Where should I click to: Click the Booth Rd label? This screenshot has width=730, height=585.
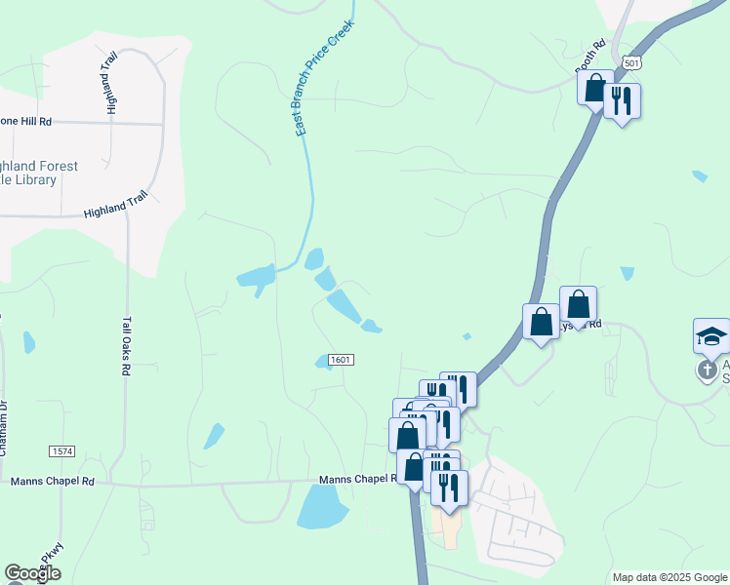(x=589, y=57)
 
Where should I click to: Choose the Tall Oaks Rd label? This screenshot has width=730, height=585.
(x=126, y=346)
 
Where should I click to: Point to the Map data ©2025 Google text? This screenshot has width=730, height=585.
(x=669, y=577)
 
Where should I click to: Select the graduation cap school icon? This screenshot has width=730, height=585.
(x=711, y=335)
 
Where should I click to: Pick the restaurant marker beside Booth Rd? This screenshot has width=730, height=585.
(x=622, y=99)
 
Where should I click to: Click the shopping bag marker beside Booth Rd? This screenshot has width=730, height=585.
(x=594, y=88)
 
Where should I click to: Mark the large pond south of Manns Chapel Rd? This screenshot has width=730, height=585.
(x=321, y=505)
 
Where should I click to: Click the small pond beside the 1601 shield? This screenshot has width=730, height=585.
(x=323, y=362)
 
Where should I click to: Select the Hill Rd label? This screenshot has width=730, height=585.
(x=29, y=121)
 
